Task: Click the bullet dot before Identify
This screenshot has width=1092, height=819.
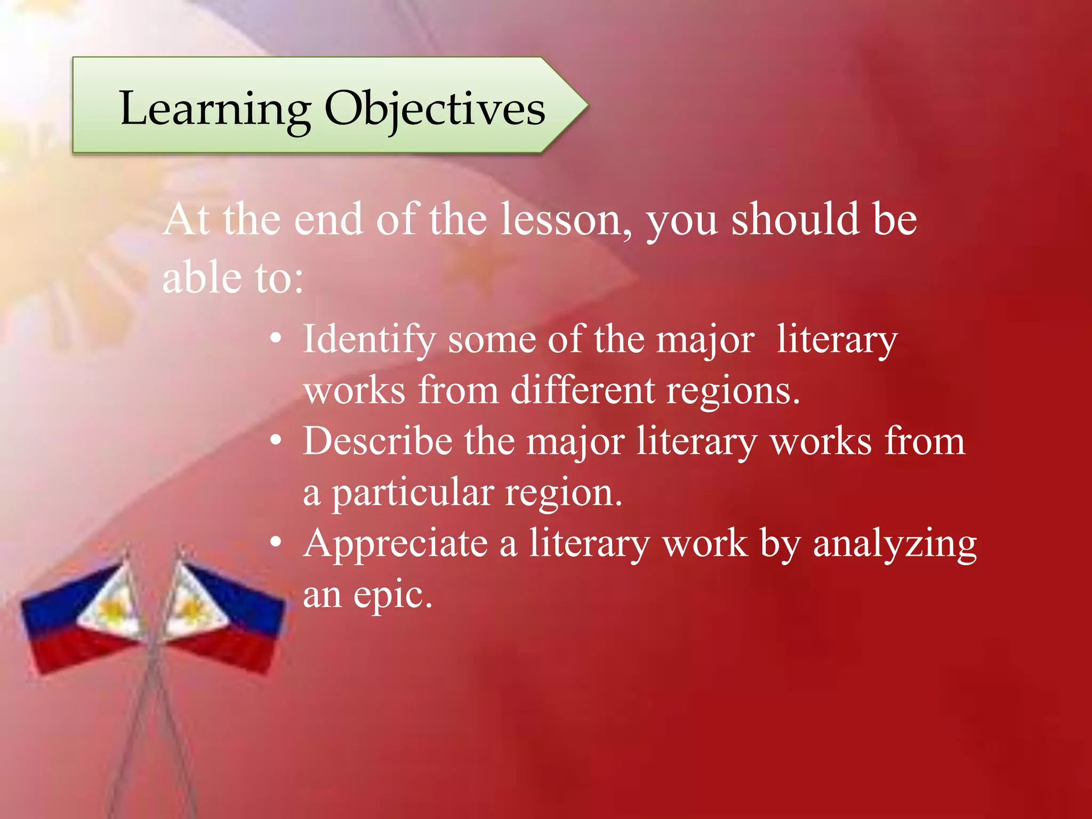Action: tap(275, 339)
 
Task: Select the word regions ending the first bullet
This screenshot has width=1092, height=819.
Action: tap(733, 391)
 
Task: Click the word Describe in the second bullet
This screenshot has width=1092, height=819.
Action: tap(378, 441)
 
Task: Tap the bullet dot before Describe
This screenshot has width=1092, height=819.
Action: tap(275, 441)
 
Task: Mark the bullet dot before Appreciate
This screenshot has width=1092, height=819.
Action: tap(275, 543)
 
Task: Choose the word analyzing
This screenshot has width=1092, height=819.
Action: tap(894, 544)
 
